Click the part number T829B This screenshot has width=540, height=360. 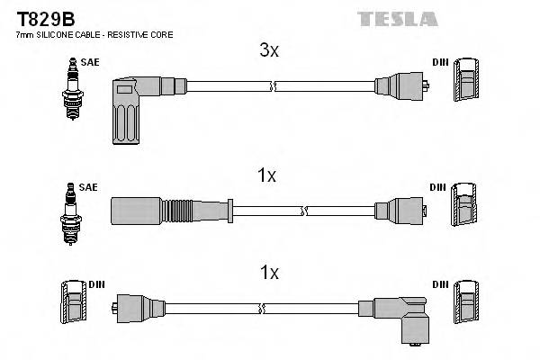click(43, 17)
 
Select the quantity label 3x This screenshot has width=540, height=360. click(269, 51)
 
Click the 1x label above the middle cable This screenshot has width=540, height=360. click(266, 176)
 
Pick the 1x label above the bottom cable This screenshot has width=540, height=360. click(268, 272)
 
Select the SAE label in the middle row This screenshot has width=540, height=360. click(87, 187)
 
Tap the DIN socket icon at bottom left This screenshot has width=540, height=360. click(72, 306)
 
